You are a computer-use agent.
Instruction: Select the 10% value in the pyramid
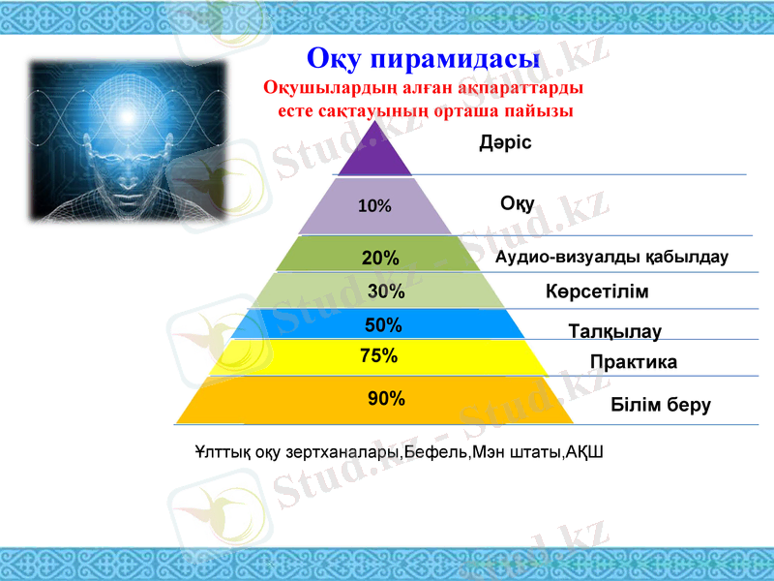[x=374, y=206]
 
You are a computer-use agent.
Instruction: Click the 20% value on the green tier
[x=380, y=259]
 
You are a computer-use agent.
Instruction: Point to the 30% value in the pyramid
[x=386, y=290]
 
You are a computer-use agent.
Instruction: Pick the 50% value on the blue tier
[x=383, y=325]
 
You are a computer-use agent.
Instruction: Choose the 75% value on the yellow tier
[x=379, y=355]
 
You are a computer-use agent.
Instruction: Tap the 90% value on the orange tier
[x=386, y=398]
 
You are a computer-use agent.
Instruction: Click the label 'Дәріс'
[x=505, y=143]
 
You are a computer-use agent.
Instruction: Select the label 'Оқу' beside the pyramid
[x=518, y=203]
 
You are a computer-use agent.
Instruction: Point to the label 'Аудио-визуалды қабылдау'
[x=611, y=258]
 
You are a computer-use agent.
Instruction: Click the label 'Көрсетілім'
[x=596, y=291]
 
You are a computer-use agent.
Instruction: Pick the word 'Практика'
[x=633, y=362]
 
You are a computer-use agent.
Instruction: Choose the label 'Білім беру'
[x=661, y=405]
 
